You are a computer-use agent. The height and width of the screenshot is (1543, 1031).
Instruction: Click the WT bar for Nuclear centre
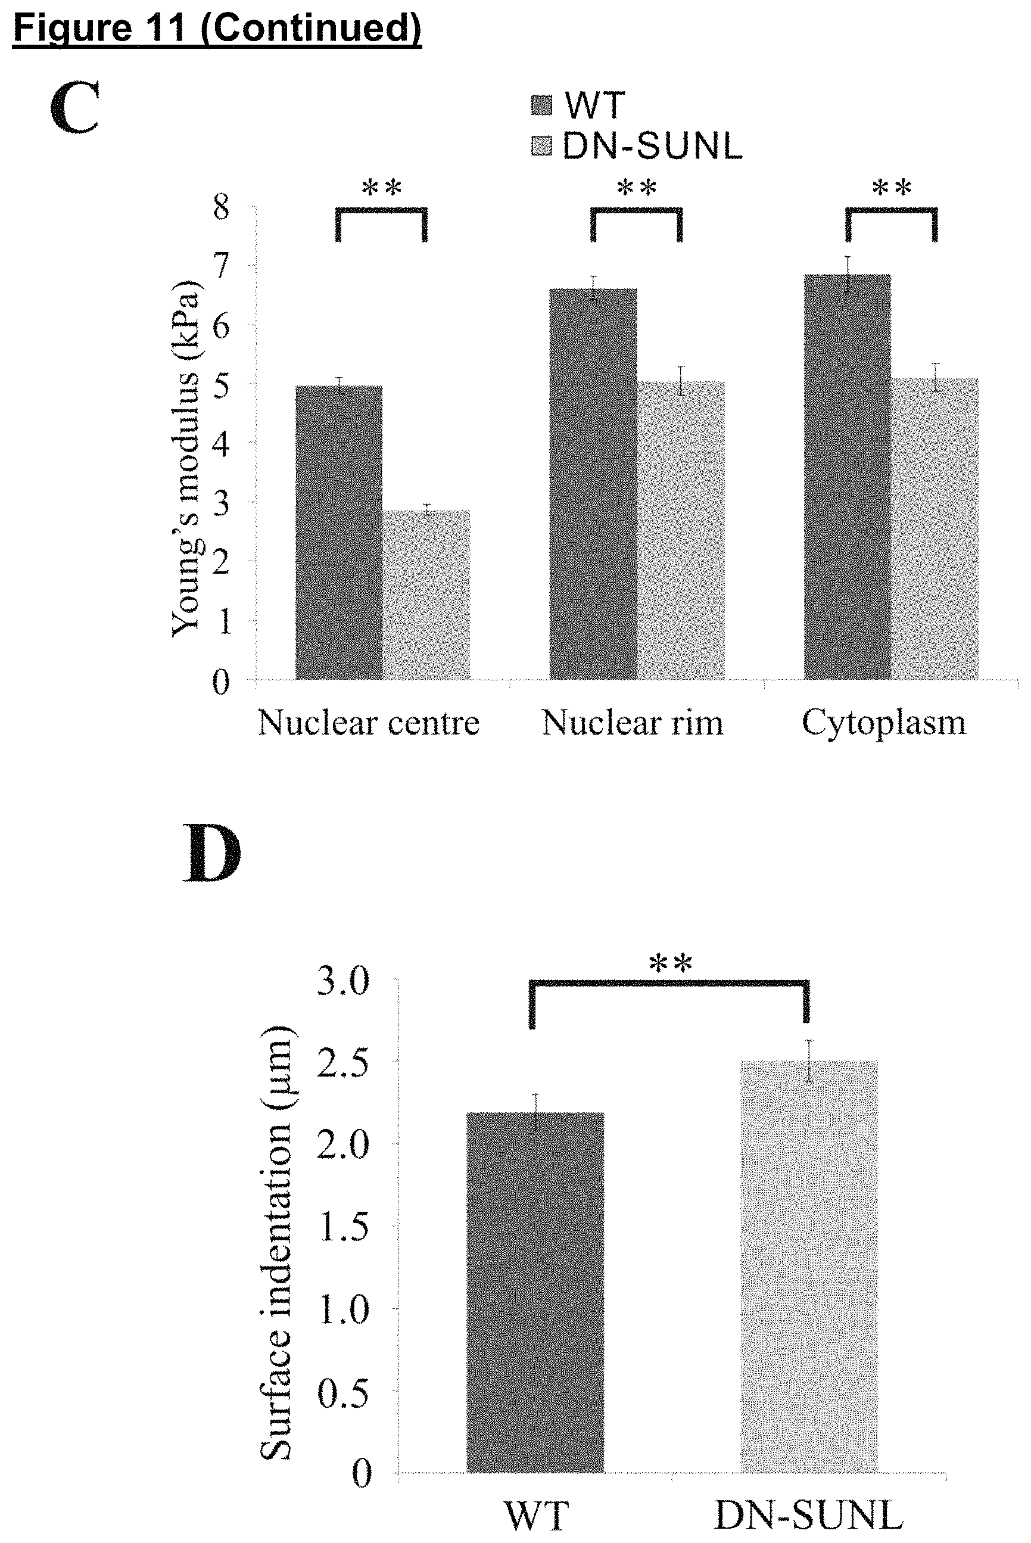(x=339, y=532)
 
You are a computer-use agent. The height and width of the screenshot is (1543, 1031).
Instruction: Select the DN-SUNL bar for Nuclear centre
(x=426, y=595)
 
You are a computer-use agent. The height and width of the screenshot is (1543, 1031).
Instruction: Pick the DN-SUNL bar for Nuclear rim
(x=681, y=530)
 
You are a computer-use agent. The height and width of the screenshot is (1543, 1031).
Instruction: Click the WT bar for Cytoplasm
(x=848, y=477)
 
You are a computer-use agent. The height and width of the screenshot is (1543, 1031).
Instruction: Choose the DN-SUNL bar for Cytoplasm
(x=935, y=528)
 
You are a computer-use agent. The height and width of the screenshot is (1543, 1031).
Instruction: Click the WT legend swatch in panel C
(x=542, y=105)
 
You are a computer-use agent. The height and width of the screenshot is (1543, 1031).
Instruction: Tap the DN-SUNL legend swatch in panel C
(x=542, y=146)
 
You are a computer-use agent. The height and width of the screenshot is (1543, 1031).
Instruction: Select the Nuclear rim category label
(x=633, y=723)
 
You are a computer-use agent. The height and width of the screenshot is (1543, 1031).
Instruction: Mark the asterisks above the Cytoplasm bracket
(x=892, y=188)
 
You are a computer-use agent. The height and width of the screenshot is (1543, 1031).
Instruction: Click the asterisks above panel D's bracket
(x=671, y=964)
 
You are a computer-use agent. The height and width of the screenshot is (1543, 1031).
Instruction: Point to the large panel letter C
(x=74, y=107)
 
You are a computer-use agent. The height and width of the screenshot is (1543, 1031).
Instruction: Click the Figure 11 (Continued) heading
(x=217, y=28)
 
